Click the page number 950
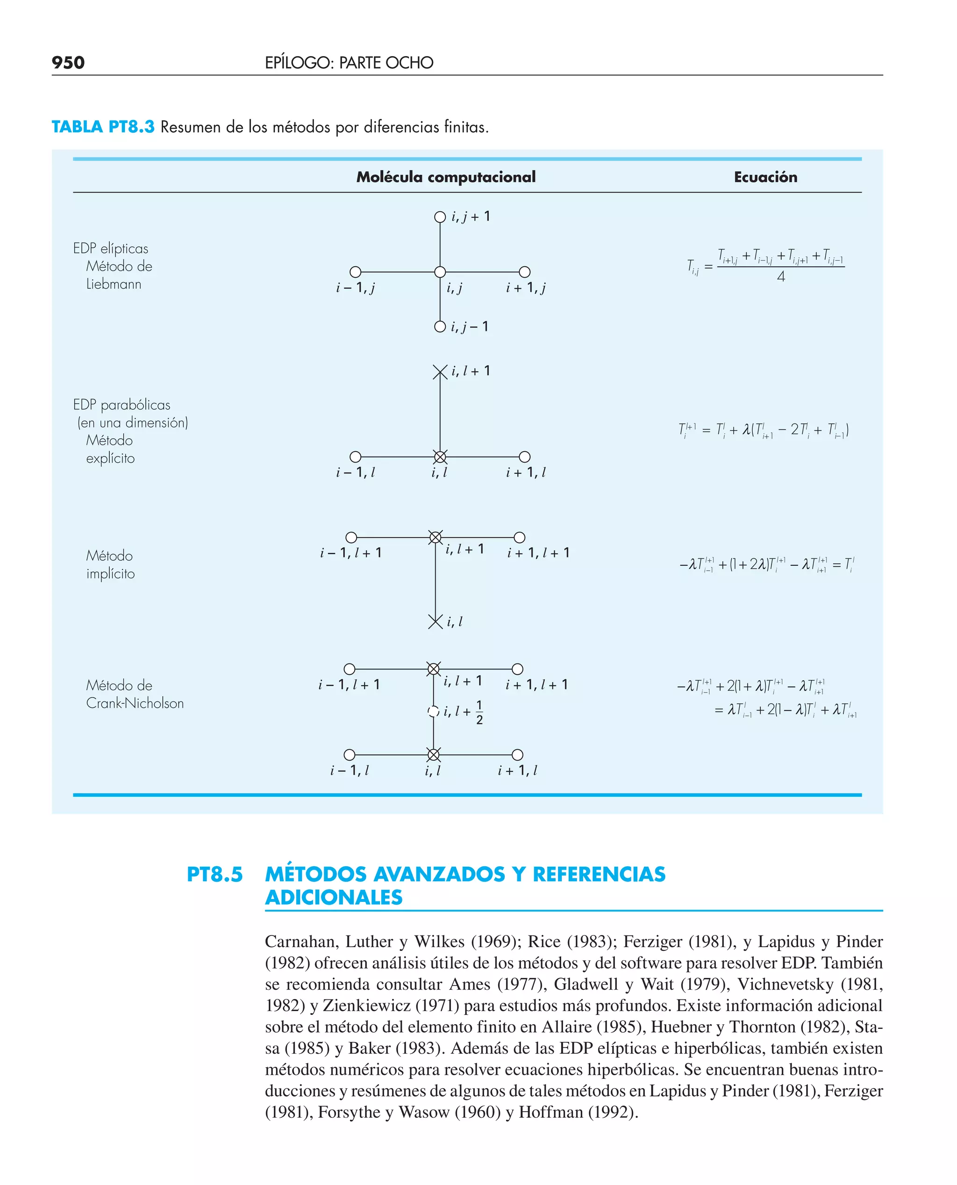(x=68, y=62)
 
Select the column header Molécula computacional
(x=445, y=177)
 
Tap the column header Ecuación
(x=765, y=177)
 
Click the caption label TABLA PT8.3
(x=103, y=127)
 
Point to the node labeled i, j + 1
(x=440, y=217)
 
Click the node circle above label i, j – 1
(x=440, y=327)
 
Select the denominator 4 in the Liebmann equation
(x=780, y=277)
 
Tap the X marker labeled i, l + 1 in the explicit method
(x=440, y=372)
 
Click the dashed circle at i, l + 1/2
(x=433, y=712)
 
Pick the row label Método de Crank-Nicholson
(x=135, y=694)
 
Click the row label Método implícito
(x=110, y=564)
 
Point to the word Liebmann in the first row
(x=114, y=285)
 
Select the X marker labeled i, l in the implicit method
(x=436, y=622)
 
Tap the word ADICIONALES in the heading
(x=334, y=898)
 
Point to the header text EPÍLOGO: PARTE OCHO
(x=349, y=63)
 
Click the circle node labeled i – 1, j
(x=356, y=272)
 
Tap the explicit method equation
(x=764, y=430)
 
